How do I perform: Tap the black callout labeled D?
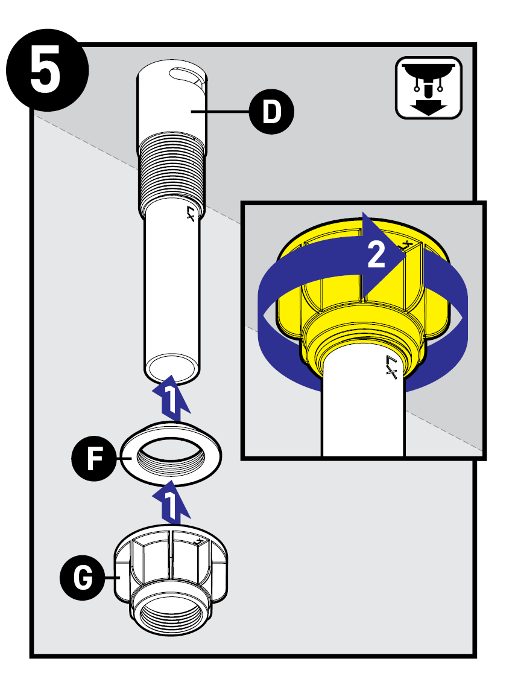point(273,112)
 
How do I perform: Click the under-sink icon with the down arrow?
point(428,88)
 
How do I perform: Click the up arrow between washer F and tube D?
point(171,398)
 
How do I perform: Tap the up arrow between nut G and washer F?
point(171,503)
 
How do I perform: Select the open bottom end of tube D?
point(172,368)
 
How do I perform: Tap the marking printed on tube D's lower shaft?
point(191,214)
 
